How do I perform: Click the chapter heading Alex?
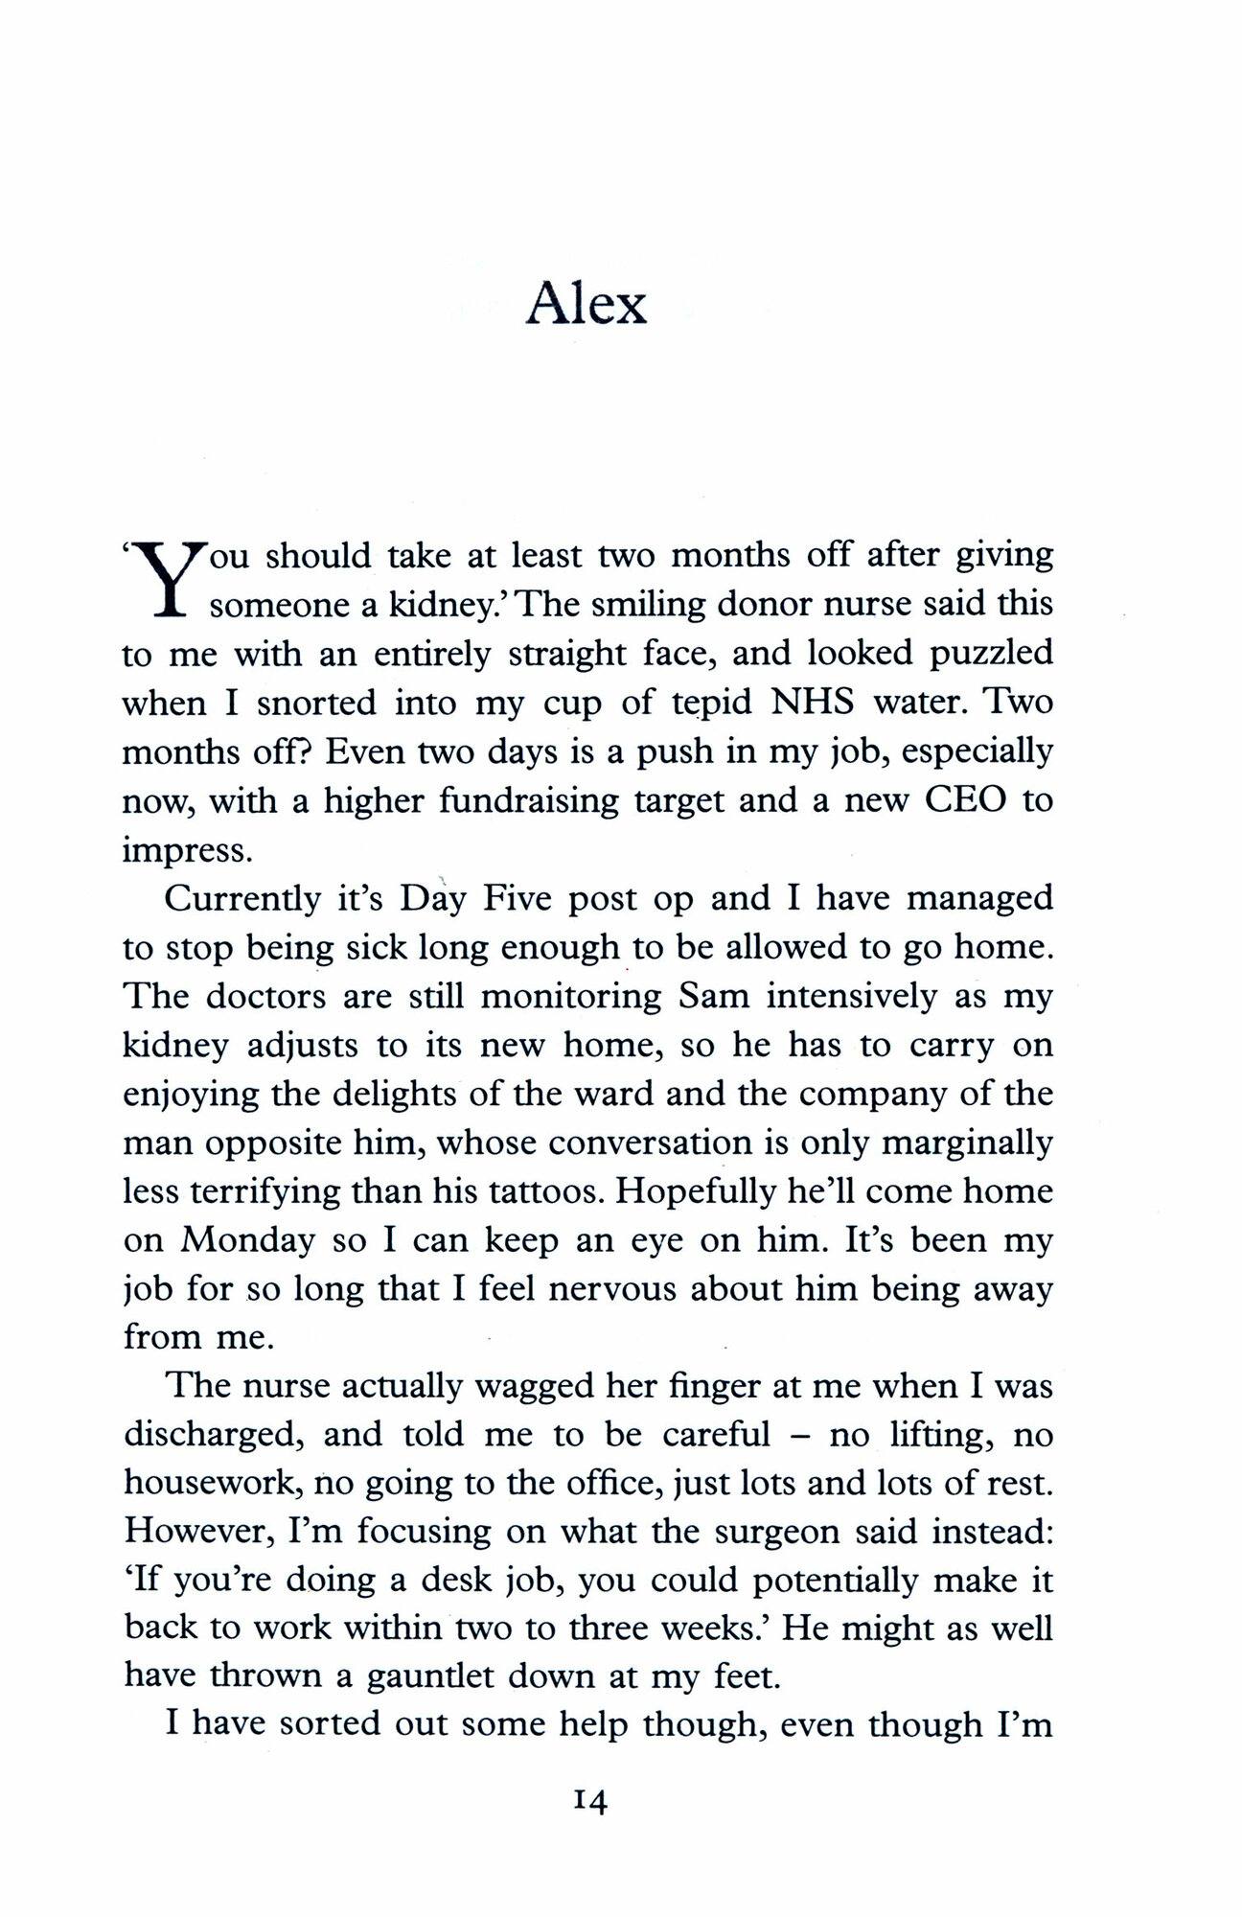coord(586,305)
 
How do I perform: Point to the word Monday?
coord(248,1241)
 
